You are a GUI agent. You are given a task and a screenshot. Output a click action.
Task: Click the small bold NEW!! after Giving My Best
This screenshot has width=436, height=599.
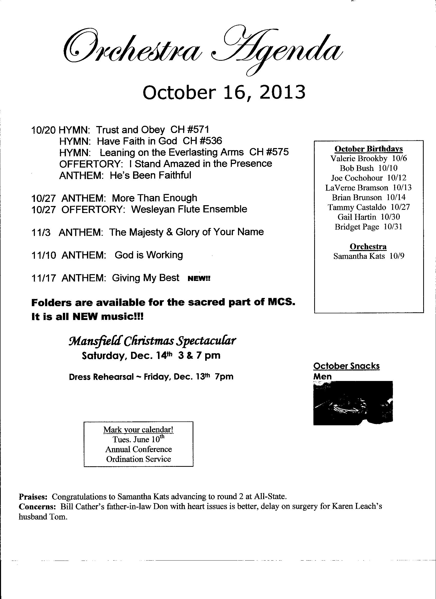[x=199, y=279]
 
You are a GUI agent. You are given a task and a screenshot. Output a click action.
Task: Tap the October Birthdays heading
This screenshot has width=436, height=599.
[x=369, y=149]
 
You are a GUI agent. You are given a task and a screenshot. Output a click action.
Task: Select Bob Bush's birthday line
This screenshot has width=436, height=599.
[x=369, y=168]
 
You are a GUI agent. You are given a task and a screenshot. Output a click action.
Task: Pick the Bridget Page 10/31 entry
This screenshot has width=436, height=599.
[x=369, y=227]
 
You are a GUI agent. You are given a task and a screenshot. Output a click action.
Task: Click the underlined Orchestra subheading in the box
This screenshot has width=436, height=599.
[x=368, y=246]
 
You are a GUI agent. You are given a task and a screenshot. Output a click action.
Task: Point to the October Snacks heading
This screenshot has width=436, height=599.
[x=346, y=366]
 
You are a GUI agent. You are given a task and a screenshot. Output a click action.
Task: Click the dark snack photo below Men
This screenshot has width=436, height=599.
[x=353, y=403]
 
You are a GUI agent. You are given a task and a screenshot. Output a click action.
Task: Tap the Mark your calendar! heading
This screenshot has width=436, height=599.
[x=138, y=430]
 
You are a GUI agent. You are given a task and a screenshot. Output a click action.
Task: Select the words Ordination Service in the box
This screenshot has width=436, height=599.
[x=138, y=459]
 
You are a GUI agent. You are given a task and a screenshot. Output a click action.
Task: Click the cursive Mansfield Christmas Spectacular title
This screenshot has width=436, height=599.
[x=152, y=341]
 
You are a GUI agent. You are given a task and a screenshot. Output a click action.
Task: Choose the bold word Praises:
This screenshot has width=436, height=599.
[x=33, y=497]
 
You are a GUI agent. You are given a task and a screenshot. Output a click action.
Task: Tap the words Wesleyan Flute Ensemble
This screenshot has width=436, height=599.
[x=189, y=209]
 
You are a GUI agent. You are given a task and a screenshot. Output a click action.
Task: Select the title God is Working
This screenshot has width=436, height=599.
[x=148, y=255]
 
